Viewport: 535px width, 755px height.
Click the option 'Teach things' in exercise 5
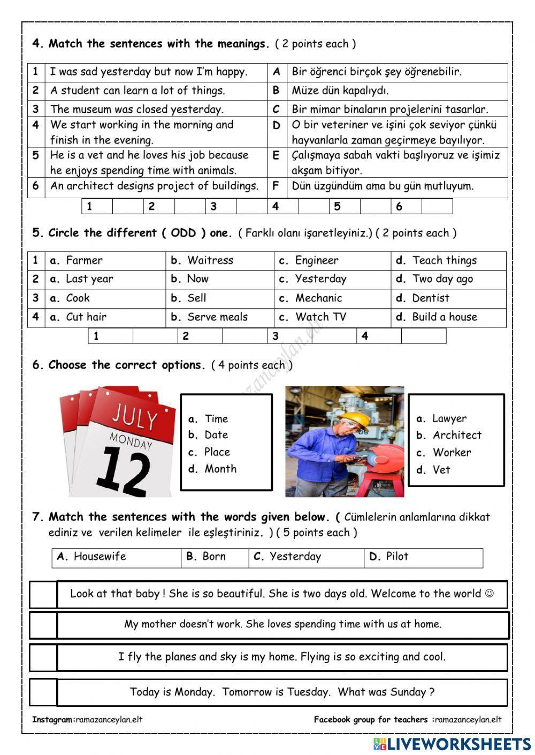[x=444, y=261]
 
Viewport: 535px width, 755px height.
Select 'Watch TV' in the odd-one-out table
[x=320, y=317]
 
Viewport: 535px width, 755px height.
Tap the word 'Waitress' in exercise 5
[x=210, y=261]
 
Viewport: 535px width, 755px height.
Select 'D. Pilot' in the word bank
[x=389, y=557]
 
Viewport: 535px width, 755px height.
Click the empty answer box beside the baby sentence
[x=43, y=595]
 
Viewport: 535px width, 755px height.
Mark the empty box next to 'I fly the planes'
[x=43, y=658]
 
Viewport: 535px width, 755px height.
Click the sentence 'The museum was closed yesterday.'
[x=137, y=110]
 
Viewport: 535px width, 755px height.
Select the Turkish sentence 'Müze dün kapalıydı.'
[x=340, y=91]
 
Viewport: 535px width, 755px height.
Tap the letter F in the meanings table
[x=276, y=186]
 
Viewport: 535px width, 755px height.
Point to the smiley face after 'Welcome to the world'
[x=489, y=594]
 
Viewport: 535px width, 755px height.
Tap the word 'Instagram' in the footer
[x=52, y=720]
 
